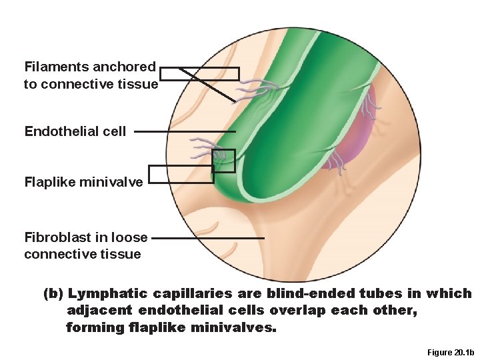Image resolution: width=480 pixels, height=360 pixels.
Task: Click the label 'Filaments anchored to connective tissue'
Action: [91, 75]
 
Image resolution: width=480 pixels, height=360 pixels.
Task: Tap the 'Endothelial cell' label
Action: [75, 131]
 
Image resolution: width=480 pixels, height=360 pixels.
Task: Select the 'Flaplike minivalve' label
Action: [83, 181]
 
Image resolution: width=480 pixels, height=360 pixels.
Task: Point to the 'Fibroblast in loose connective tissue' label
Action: [85, 245]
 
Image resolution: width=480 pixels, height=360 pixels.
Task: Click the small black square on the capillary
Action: [224, 161]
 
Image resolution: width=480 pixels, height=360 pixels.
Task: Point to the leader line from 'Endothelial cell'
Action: [183, 132]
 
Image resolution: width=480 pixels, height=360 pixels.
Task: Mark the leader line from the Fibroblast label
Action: [208, 237]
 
